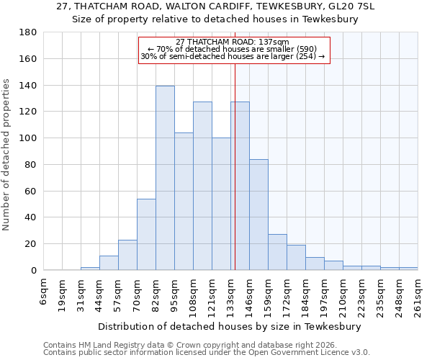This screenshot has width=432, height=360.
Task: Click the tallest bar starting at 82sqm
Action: pyautogui.click(x=165, y=178)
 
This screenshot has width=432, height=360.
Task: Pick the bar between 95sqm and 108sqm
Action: pyautogui.click(x=184, y=201)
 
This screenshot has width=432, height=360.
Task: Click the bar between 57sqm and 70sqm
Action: pyautogui.click(x=127, y=255)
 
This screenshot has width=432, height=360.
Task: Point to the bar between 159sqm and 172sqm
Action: pyautogui.click(x=277, y=252)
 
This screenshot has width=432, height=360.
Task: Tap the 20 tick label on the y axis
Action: pyautogui.click(x=30, y=244)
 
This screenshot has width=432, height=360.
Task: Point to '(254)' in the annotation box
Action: pyautogui.click(x=306, y=56)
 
